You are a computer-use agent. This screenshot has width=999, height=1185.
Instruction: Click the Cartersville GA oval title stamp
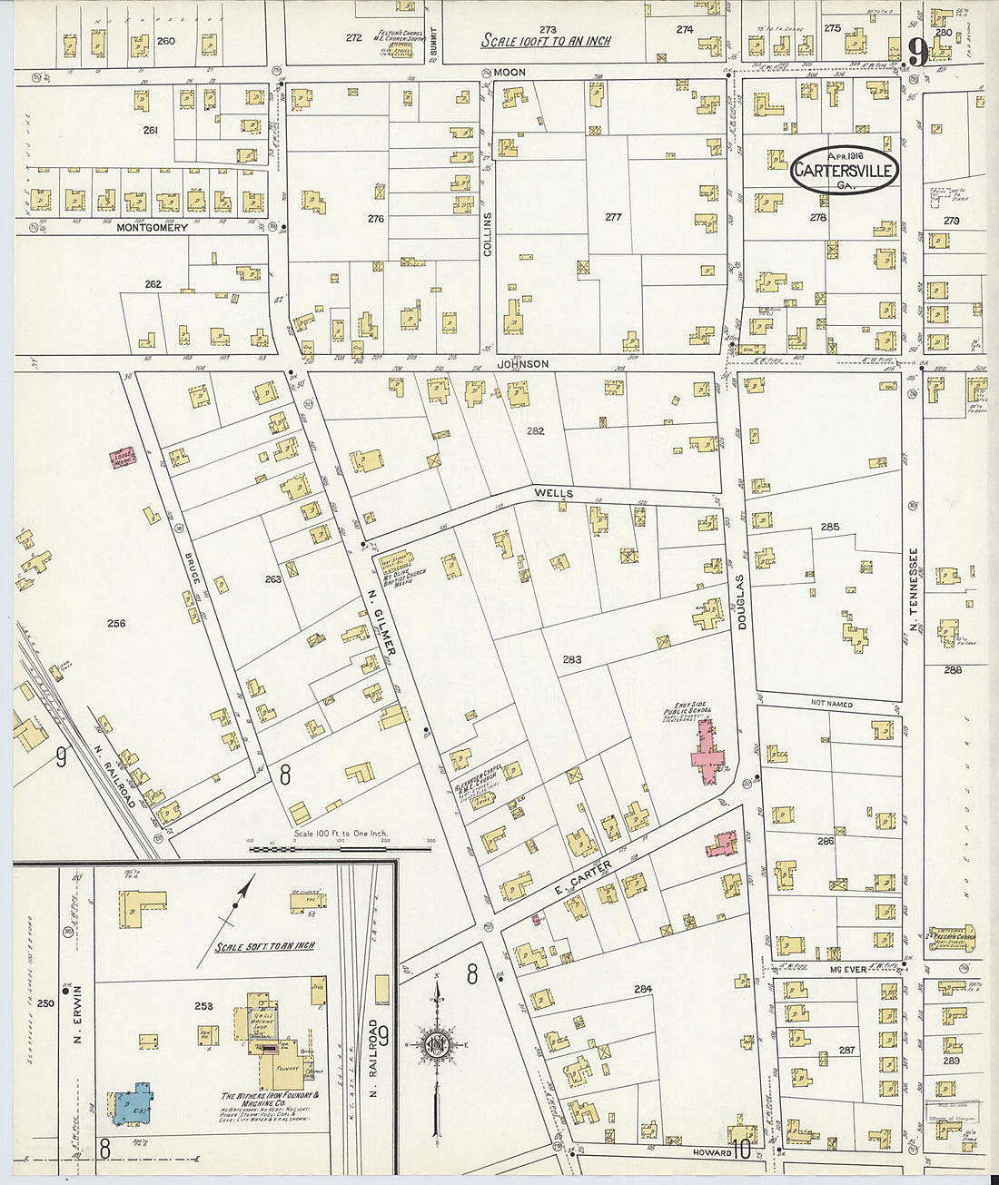point(845,170)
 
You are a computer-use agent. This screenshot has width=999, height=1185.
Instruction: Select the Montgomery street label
point(152,227)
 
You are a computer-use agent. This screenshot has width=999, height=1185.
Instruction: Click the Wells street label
point(553,493)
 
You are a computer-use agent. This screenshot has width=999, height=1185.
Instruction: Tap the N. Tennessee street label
point(915,589)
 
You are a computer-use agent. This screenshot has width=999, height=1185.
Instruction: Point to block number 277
point(613,217)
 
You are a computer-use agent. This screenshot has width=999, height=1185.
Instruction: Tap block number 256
point(115,623)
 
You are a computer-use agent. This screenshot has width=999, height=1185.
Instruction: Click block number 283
point(571,659)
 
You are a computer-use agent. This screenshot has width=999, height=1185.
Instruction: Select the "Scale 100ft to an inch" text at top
point(545,41)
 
